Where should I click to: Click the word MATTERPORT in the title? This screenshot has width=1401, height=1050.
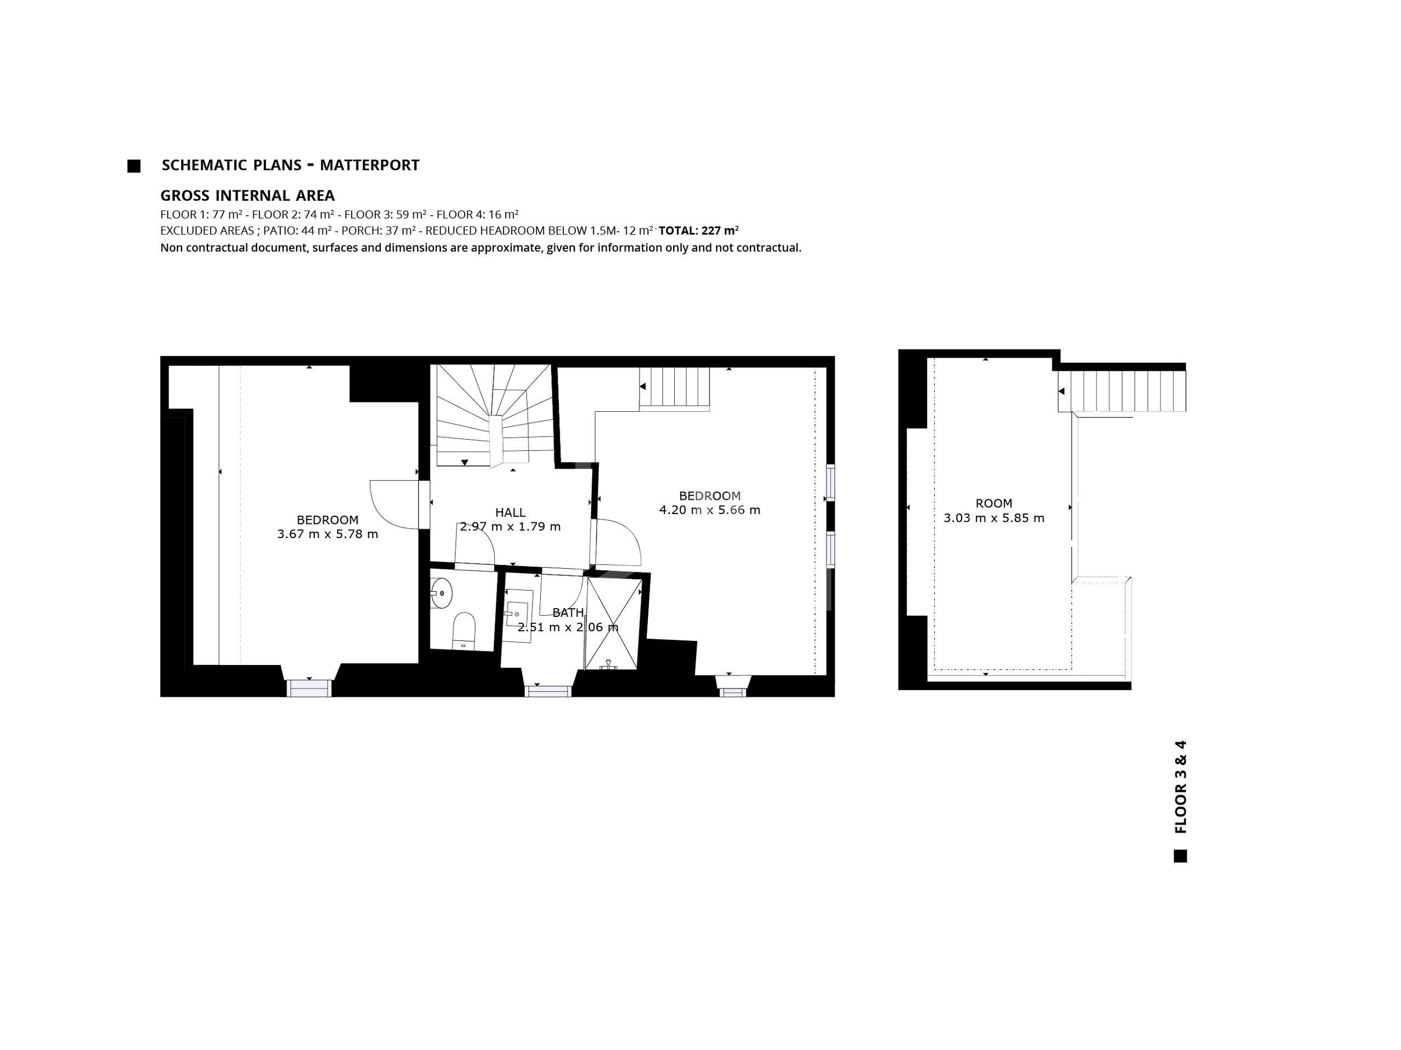(369, 165)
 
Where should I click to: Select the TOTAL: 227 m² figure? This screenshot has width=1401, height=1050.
(699, 230)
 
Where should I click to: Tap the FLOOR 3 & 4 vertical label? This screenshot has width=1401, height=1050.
(1180, 787)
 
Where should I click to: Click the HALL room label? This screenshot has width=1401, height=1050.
(511, 512)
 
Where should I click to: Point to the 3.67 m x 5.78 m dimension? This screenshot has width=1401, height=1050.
(327, 534)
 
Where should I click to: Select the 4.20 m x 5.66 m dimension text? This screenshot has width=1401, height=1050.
(709, 510)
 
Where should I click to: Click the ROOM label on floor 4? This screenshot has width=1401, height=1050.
(994, 504)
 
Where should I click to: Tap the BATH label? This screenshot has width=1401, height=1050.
(568, 612)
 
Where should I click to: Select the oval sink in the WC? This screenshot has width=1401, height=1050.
(442, 593)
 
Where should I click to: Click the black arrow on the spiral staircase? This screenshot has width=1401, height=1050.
(465, 463)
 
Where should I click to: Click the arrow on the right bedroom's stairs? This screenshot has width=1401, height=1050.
(642, 386)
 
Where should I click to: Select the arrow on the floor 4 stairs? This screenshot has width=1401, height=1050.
(1062, 392)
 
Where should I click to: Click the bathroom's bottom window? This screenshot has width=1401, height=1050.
(548, 691)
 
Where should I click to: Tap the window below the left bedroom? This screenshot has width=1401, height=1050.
(309, 689)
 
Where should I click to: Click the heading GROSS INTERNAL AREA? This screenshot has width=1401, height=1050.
(248, 196)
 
